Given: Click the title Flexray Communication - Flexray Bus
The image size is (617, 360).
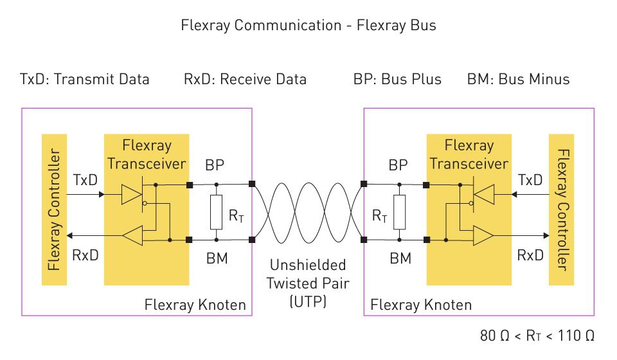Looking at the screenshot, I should pyautogui.click(x=308, y=26).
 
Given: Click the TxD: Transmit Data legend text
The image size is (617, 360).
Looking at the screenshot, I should pyautogui.click(x=84, y=80).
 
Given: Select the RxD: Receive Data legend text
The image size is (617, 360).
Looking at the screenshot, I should pyautogui.click(x=245, y=80).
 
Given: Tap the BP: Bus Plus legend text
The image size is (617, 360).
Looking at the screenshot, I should pyautogui.click(x=397, y=80).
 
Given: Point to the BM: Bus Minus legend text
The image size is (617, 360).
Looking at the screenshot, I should pyautogui.click(x=518, y=80).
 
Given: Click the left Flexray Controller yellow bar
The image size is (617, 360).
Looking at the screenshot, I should pyautogui.click(x=53, y=210).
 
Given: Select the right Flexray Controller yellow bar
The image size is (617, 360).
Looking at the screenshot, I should pyautogui.click(x=562, y=210).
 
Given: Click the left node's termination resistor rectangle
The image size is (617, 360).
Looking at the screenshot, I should pyautogui.click(x=217, y=212).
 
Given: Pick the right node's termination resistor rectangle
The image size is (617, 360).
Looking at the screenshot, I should pyautogui.click(x=400, y=212).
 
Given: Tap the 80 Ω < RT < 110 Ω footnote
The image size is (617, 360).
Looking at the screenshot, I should pyautogui.click(x=537, y=336).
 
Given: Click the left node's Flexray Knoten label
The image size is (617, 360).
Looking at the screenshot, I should pyautogui.click(x=195, y=305).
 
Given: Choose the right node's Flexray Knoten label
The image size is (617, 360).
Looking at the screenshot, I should pyautogui.click(x=421, y=305).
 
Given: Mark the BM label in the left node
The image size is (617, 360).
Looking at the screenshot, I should pyautogui.click(x=216, y=260).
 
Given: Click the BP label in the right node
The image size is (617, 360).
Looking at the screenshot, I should pyautogui.click(x=398, y=165).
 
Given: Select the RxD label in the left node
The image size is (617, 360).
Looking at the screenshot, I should pyautogui.click(x=85, y=255).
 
